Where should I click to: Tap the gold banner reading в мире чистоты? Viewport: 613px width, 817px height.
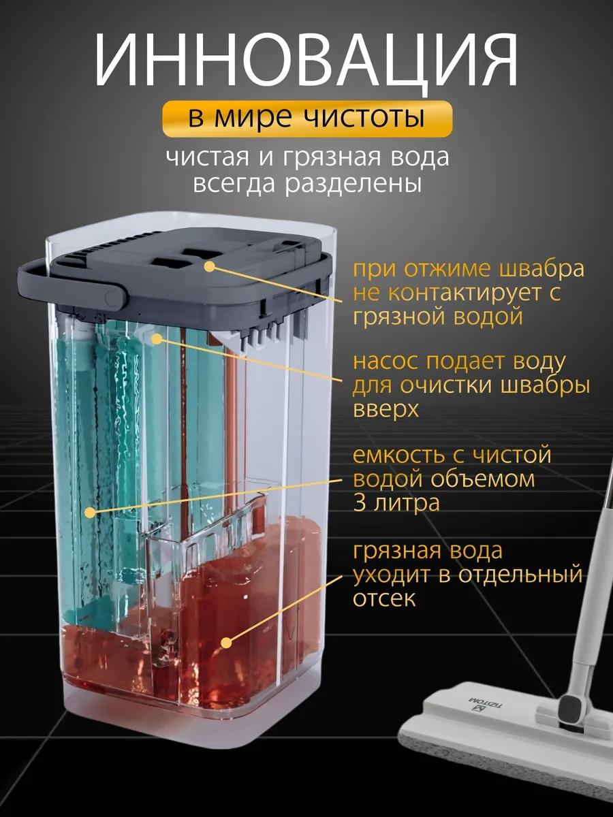point(307,118)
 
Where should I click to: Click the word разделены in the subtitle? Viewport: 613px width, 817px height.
point(353,184)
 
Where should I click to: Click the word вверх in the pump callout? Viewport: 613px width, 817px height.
point(386,409)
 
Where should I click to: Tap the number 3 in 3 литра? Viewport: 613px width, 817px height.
point(360,502)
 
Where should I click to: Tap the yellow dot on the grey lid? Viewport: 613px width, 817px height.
point(210,266)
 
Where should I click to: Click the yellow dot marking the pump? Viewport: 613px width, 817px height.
point(158,338)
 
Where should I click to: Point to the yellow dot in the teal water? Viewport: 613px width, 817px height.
point(90,513)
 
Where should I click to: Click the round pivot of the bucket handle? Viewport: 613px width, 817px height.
point(111,298)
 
